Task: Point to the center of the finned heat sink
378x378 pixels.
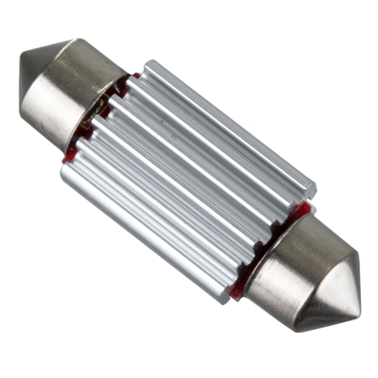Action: tap(189, 180)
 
